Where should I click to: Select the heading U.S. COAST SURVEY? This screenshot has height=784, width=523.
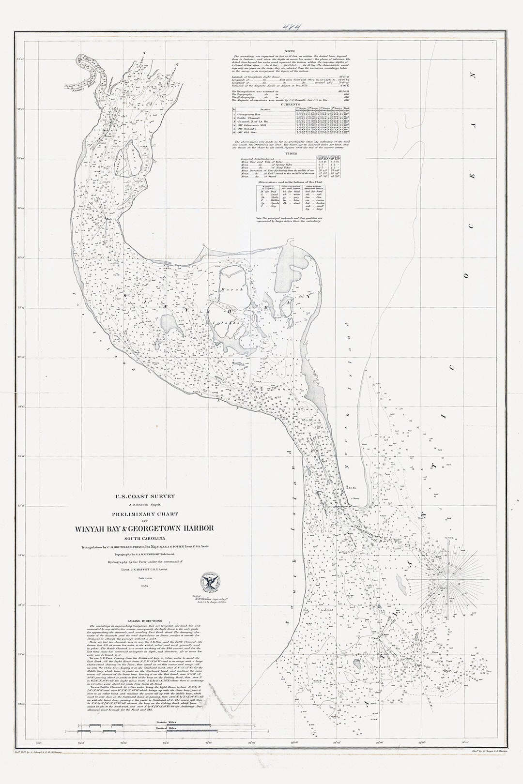[144, 496]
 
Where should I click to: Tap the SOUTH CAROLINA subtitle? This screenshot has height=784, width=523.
[145, 538]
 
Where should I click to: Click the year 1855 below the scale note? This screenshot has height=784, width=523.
[144, 587]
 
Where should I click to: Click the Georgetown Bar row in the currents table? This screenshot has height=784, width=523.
[252, 114]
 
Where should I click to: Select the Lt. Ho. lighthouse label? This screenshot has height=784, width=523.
[353, 488]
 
